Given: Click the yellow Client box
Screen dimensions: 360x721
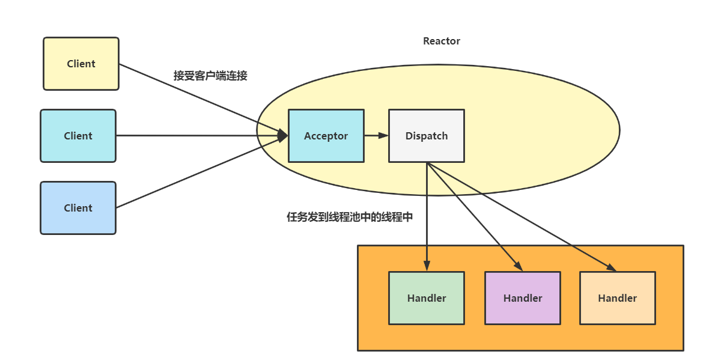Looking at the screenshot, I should click(x=81, y=64).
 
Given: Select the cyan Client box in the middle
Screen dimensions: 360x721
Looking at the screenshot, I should click(x=78, y=136).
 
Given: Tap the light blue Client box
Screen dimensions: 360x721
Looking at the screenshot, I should click(x=78, y=208).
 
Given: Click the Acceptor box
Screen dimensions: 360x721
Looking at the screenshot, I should click(x=326, y=136).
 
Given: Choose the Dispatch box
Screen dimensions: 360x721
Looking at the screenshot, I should click(x=426, y=136).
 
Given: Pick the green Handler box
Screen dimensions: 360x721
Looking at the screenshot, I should click(x=426, y=298).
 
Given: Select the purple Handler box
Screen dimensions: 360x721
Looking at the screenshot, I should click(x=522, y=298).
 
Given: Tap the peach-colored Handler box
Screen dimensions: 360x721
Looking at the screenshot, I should click(x=617, y=298).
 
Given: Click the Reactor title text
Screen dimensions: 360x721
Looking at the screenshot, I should click(x=442, y=41).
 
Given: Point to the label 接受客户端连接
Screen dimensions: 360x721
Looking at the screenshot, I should click(x=210, y=76).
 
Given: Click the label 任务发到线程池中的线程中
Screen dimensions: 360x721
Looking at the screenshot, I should click(x=350, y=218).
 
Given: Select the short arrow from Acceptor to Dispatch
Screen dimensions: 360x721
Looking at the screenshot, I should click(x=376, y=135).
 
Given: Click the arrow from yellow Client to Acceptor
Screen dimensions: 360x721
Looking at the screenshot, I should click(x=198, y=98).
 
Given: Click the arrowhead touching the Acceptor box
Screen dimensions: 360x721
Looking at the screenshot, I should click(x=282, y=136).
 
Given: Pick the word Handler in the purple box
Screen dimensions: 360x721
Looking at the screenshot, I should click(x=523, y=298).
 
